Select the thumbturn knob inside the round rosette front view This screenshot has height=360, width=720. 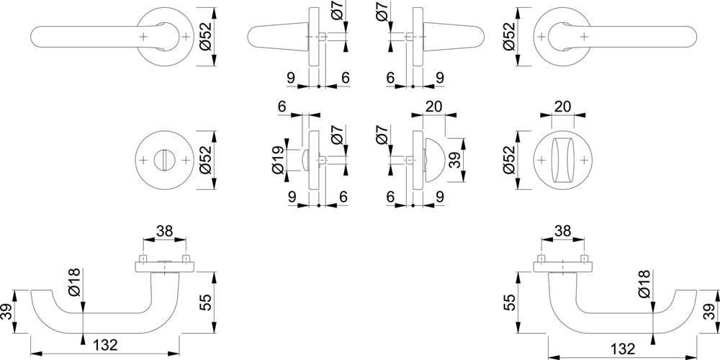562,161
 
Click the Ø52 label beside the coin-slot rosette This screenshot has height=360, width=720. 205,160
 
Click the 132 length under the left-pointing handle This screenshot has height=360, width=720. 105,344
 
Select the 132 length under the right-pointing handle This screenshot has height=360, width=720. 623,348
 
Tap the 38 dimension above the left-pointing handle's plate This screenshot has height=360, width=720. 164,230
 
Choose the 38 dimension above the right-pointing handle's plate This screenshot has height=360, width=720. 562,230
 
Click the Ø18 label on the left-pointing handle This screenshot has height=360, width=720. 76,282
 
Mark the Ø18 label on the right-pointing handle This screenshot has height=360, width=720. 644,284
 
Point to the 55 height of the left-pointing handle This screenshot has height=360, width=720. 206,302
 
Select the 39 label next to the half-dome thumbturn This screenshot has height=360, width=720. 454,161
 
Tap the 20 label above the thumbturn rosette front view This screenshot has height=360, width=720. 562,107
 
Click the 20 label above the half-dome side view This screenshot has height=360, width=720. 434,107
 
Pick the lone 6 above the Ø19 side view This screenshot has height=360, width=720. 282,107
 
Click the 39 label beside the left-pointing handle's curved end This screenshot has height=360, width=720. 8,312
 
